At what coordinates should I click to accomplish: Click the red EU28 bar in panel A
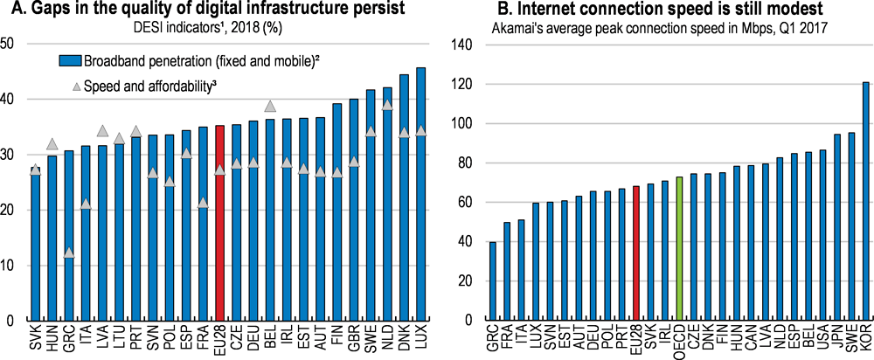[x=219, y=223]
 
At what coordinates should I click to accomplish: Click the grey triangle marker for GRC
[x=69, y=253]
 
